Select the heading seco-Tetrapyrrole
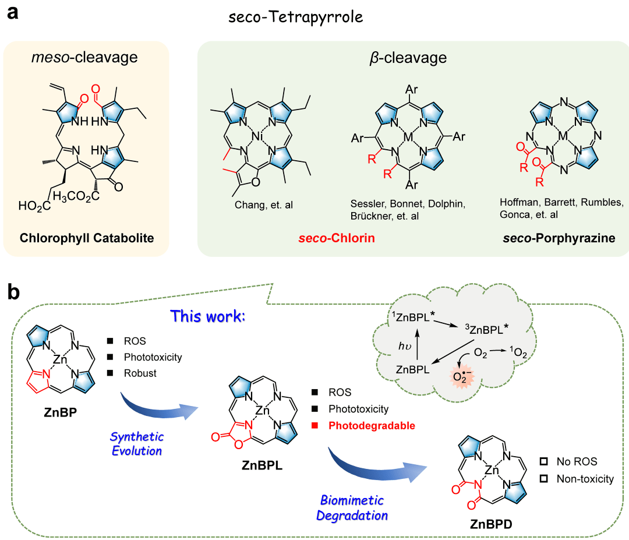tap(296, 17)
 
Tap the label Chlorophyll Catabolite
tap(87, 238)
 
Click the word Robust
tap(140, 373)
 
